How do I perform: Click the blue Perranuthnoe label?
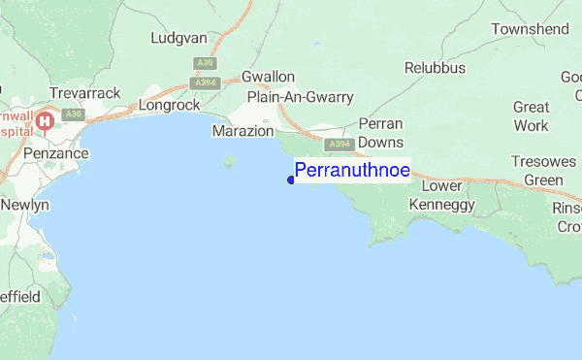(352, 170)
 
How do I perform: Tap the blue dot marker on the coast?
(291, 179)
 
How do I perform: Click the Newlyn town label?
(24, 206)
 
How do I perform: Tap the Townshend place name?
(530, 30)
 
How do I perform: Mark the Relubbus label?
(435, 68)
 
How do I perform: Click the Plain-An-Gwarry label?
(300, 97)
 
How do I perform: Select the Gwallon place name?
(268, 76)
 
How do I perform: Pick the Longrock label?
(169, 104)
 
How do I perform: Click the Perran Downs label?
(373, 133)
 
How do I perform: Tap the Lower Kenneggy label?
(442, 195)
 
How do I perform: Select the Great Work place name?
(531, 116)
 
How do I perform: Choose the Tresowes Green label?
(543, 171)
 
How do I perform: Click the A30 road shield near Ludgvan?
(204, 62)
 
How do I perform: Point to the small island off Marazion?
(230, 161)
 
